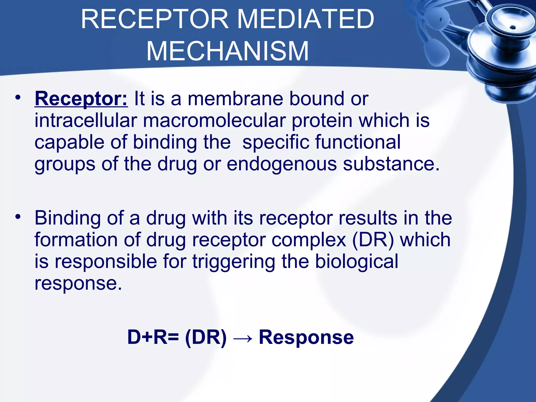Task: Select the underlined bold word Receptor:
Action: click(x=81, y=99)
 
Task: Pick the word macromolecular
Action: click(x=214, y=121)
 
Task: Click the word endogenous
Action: click(x=282, y=164)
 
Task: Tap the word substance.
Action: click(x=391, y=164)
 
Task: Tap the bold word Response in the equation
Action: click(x=306, y=337)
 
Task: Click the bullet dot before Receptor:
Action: click(x=18, y=98)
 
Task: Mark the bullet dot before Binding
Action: click(x=18, y=217)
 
